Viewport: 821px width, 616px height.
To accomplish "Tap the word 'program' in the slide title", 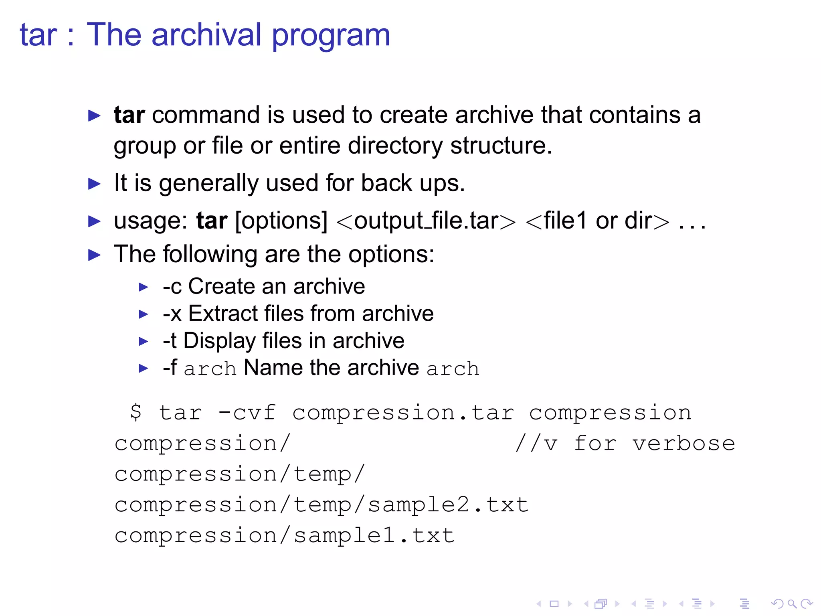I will [x=331, y=36].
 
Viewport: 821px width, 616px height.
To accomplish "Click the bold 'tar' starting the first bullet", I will [x=129, y=115].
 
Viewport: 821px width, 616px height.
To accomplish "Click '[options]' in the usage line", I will [x=281, y=221].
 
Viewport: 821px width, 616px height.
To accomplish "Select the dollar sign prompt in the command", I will [x=136, y=412].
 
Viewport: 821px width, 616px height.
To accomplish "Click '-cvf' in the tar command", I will [x=247, y=413].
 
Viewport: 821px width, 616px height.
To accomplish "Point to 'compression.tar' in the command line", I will [x=403, y=413].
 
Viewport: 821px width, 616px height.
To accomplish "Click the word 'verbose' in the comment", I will [x=684, y=444].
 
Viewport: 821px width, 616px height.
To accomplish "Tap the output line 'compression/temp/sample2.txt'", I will [x=322, y=505].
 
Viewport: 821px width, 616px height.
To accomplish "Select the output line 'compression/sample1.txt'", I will [x=285, y=536].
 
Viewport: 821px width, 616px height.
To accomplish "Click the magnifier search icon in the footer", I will [x=792, y=604].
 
